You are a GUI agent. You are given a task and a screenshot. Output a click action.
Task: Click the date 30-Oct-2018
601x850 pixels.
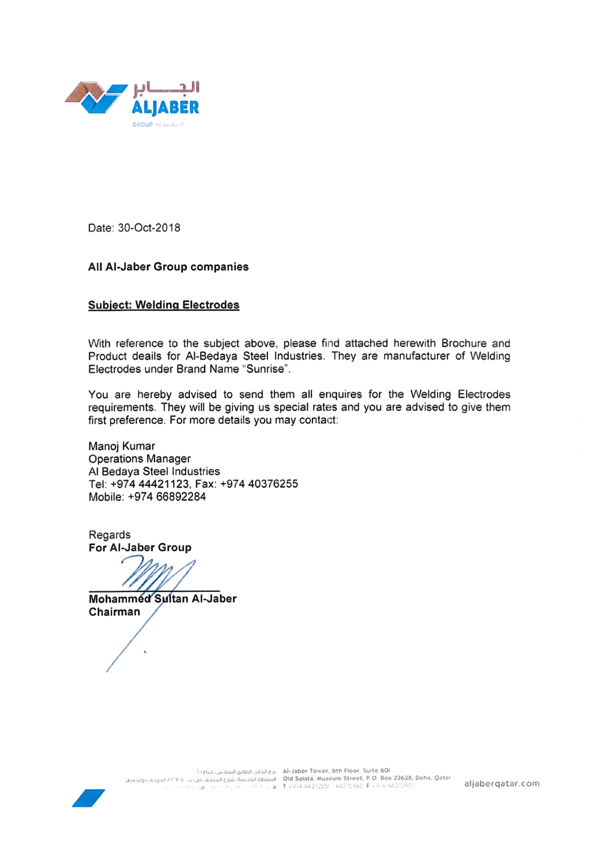(x=149, y=228)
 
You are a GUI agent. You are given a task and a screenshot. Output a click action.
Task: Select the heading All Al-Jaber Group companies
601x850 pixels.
(x=168, y=266)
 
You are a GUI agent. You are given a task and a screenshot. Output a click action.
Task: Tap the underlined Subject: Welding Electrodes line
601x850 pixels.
(x=163, y=305)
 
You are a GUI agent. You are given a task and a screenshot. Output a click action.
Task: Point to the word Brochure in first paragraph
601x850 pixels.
(x=464, y=343)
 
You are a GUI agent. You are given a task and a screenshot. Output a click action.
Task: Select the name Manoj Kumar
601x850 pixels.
(x=121, y=446)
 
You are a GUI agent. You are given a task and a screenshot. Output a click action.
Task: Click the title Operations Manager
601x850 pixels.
(x=139, y=458)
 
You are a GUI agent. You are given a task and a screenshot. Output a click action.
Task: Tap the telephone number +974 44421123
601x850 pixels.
(x=150, y=484)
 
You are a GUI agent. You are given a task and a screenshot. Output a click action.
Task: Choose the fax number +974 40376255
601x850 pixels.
(x=259, y=484)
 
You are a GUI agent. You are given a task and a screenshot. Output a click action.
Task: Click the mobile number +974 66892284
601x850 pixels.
(x=167, y=497)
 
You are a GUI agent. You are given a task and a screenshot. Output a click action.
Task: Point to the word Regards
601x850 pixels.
(x=109, y=535)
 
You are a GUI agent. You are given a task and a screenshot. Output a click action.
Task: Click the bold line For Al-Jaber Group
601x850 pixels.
(x=140, y=547)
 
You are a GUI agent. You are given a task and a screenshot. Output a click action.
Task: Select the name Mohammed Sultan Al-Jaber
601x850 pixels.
(x=162, y=599)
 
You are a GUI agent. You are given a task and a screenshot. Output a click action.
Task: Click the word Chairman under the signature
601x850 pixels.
(x=114, y=612)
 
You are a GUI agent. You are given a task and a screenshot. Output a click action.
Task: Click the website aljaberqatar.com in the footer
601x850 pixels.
(x=502, y=783)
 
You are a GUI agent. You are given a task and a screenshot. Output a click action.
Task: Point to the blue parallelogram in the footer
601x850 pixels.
(x=88, y=798)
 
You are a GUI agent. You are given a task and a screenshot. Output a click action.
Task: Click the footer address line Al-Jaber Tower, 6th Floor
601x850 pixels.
(x=337, y=770)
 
